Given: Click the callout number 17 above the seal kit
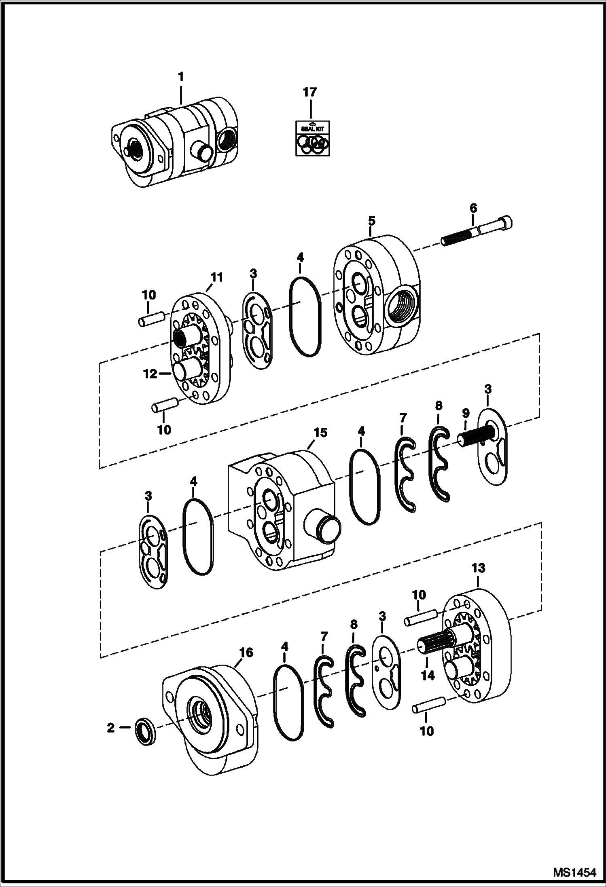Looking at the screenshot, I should (310, 93).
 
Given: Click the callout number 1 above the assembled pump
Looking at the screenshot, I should (180, 76).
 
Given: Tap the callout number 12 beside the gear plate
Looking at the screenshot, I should (150, 374).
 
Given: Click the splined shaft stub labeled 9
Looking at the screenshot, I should (474, 440).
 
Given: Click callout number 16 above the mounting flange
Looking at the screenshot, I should (246, 653).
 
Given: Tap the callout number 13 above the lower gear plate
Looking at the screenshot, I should (478, 568).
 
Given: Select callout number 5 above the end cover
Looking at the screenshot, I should (371, 221).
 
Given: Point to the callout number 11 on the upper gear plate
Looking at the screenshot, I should (216, 277).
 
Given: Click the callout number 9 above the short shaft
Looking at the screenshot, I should (466, 413).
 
